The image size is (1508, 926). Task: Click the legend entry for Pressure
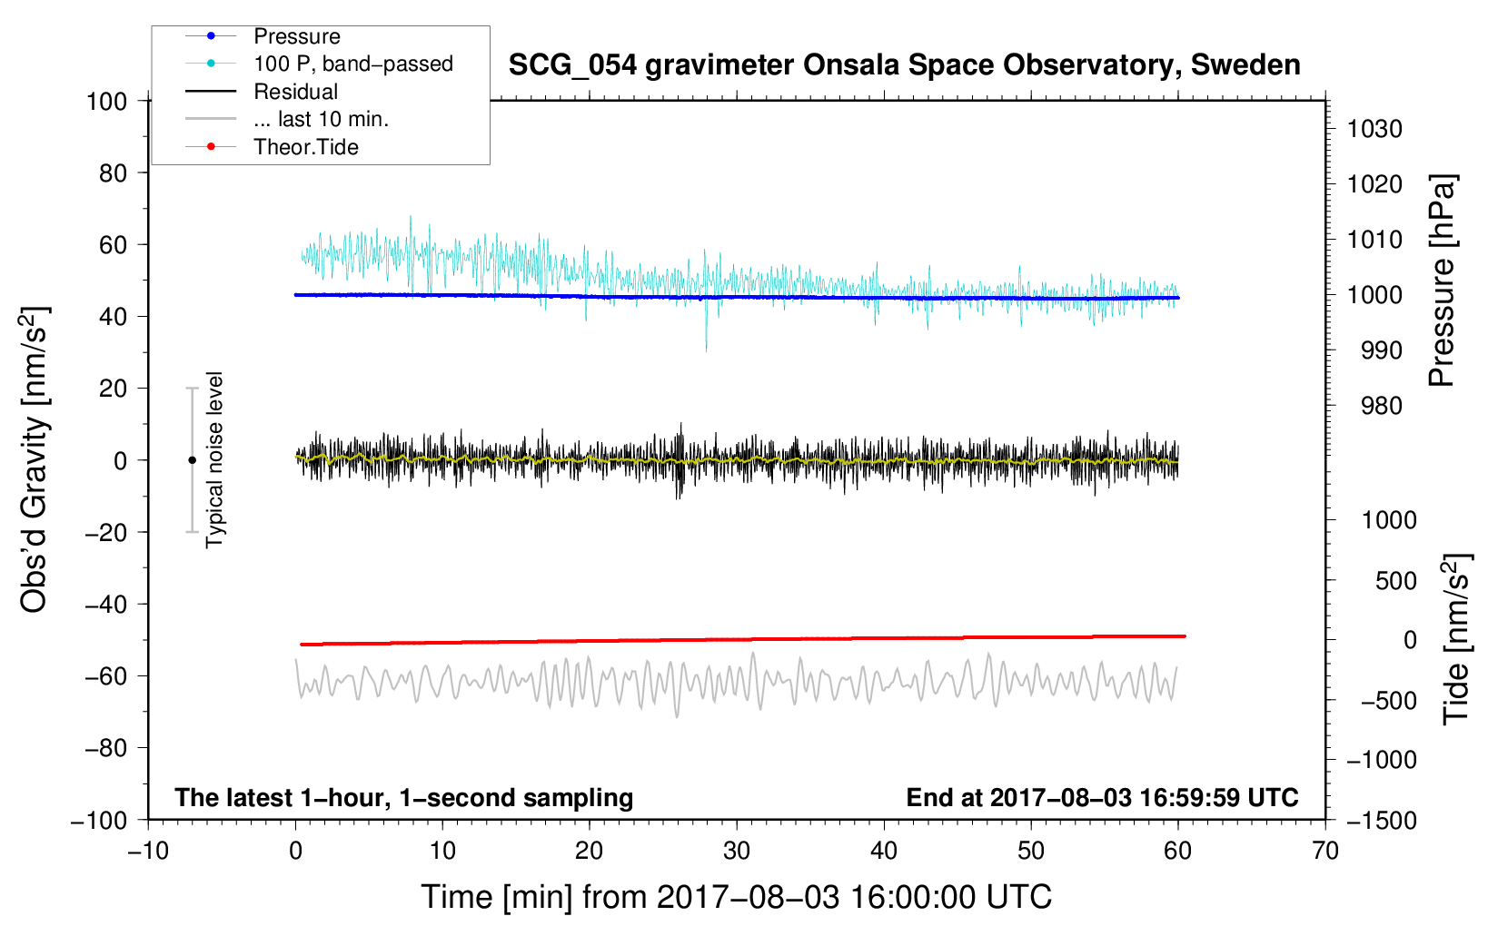point(296,36)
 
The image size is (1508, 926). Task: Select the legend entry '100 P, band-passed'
point(352,64)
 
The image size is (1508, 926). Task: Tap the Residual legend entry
point(295,92)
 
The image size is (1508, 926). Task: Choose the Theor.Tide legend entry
point(305,147)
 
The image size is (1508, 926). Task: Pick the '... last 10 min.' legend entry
point(321,120)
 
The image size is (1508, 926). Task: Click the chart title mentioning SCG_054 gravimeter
point(904,65)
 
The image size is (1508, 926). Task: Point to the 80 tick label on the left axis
point(113,172)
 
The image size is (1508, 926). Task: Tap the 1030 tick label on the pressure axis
point(1374,129)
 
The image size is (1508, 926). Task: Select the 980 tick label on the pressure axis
point(1381,406)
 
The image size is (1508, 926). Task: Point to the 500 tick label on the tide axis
point(1395,580)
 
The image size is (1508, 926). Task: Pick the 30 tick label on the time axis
point(737,851)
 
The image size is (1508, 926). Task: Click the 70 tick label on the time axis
point(1325,851)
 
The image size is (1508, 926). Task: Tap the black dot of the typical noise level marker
point(192,460)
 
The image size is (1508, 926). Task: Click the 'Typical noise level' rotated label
point(214,459)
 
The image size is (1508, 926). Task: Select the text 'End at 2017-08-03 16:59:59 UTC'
point(1102,798)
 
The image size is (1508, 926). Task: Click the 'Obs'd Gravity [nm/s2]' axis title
point(35,459)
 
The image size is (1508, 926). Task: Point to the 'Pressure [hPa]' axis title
point(1442,281)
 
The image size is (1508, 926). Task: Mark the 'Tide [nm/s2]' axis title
point(1456,638)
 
